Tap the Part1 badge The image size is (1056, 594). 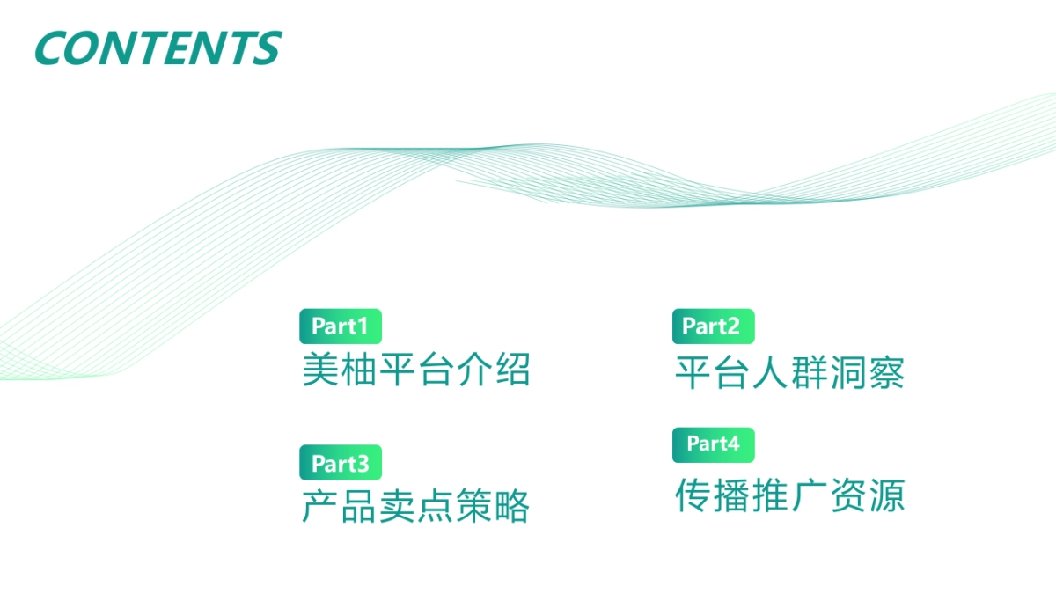point(341,326)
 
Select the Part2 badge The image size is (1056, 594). point(713,326)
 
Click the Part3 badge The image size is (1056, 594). point(341,463)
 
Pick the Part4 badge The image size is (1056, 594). point(713,444)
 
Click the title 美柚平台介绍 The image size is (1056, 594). point(416,370)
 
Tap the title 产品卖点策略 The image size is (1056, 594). point(416,506)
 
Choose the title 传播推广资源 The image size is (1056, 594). point(789,495)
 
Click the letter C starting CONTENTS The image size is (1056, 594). point(53,48)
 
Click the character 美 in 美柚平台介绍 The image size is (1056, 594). point(320,370)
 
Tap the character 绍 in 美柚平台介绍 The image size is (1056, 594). point(512,370)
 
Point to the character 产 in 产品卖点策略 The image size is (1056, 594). point(320,506)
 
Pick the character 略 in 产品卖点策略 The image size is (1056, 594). point(512,506)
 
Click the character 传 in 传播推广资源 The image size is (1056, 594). point(693,495)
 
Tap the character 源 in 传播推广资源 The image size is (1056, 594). point(886,495)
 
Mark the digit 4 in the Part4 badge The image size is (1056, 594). point(733,444)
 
